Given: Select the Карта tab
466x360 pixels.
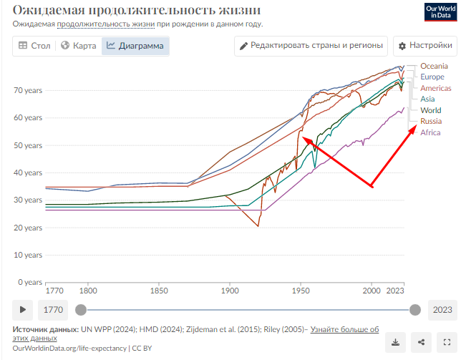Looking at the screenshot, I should pos(79,46).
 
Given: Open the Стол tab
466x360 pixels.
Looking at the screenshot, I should pos(34,46).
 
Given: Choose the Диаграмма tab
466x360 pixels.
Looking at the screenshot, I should pos(135,46).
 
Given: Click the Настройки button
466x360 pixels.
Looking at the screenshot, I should pos(424,46).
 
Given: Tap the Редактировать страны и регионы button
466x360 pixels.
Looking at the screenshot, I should pos(311,46).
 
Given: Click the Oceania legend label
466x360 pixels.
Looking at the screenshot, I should pos(434,66).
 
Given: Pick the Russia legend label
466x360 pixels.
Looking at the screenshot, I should pos(431,122).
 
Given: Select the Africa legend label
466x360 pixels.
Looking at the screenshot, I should pos(430,132).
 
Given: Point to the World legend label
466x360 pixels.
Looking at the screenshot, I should pos(431,110).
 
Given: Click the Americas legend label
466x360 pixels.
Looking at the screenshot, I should pos(436,88).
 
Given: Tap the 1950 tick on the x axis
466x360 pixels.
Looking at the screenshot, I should pos(301,291).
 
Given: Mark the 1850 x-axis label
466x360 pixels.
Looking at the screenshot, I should pos(159,291).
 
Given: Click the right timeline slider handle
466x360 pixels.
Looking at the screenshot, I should pos(414,310).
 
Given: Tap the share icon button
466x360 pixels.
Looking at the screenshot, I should pos(422,341).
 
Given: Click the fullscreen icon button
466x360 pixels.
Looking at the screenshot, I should pos(447,341).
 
